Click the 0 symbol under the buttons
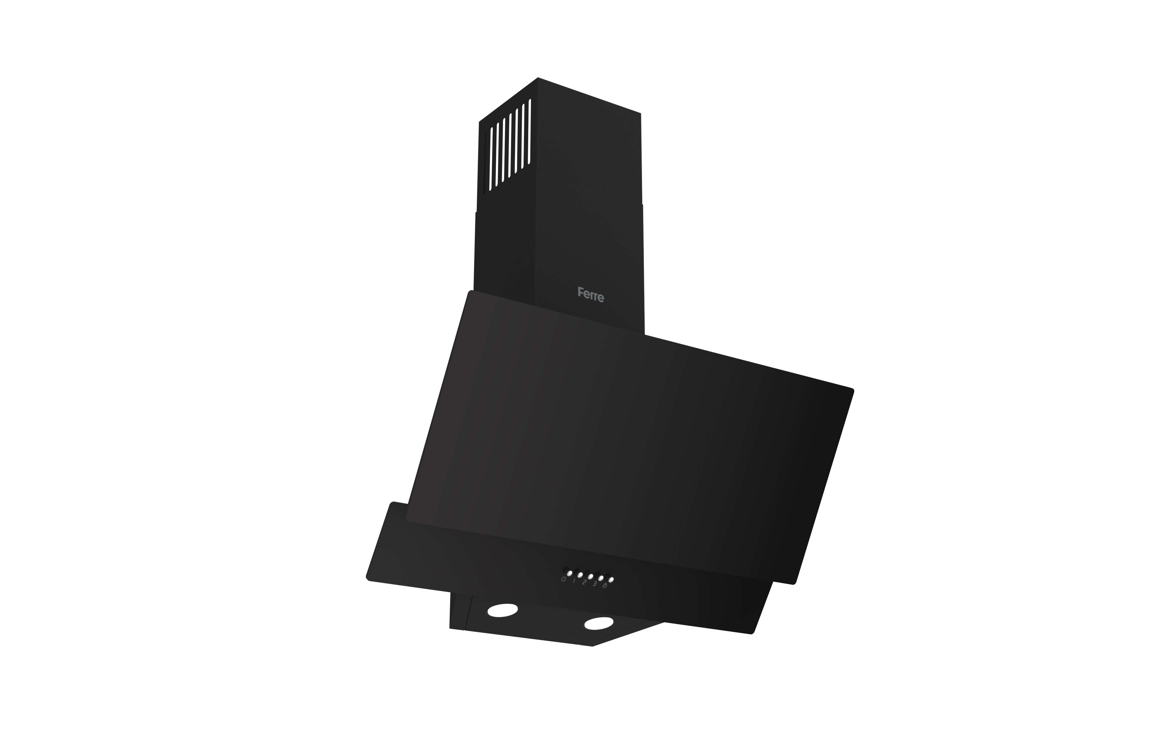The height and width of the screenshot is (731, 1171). (564, 579)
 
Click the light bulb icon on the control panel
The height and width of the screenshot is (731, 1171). (605, 585)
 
